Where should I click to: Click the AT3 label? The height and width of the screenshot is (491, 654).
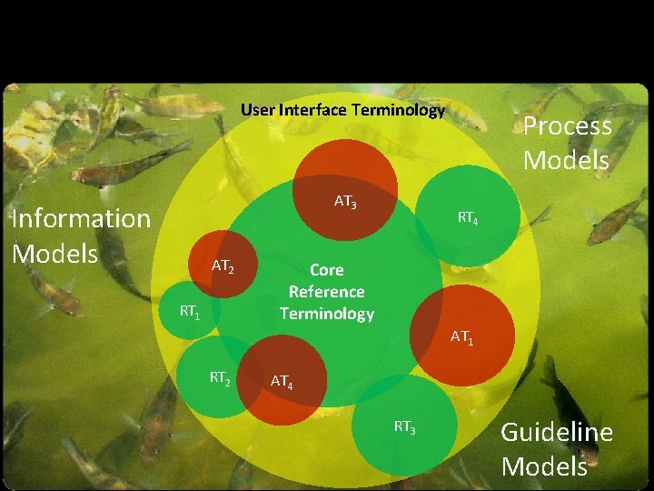click(345, 202)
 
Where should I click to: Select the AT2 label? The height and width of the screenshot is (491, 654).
click(223, 266)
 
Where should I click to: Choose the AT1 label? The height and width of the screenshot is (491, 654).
click(462, 338)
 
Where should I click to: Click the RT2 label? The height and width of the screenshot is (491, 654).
click(220, 376)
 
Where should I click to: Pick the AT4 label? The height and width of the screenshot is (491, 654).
click(282, 382)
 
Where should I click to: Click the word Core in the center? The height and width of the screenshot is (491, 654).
click(326, 270)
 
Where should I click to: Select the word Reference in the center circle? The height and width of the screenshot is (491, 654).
click(326, 292)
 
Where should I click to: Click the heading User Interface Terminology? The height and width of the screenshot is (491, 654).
click(342, 111)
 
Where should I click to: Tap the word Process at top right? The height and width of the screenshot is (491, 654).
click(567, 127)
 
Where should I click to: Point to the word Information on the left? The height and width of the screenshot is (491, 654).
click(80, 218)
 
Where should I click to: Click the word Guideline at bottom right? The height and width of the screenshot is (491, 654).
click(557, 433)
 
